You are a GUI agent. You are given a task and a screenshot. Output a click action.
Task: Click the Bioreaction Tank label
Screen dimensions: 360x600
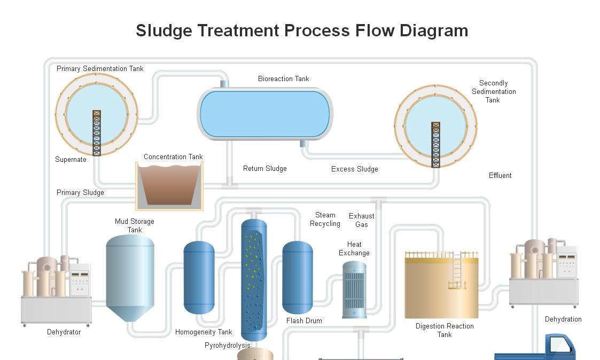tap(283, 79)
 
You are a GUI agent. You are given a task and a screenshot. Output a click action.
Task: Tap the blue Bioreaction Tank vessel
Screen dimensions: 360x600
tap(264, 113)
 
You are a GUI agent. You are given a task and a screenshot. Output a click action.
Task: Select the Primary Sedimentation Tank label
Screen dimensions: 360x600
tap(100, 68)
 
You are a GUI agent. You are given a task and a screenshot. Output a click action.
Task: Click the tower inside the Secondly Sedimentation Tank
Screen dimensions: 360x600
tap(436, 144)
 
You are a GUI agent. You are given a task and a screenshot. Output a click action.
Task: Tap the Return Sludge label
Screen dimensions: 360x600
tap(264, 168)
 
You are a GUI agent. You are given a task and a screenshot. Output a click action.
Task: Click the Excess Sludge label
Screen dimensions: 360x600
tap(354, 169)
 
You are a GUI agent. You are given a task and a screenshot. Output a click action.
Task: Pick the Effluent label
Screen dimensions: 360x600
tap(500, 175)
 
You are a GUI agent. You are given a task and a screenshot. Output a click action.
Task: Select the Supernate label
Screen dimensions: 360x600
tap(71, 159)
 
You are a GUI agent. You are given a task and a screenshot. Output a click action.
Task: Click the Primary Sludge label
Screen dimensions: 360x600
tap(80, 192)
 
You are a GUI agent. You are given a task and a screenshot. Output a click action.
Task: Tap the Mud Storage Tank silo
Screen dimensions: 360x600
tap(130, 275)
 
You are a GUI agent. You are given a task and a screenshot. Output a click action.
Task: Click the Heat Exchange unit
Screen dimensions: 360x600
tap(354, 289)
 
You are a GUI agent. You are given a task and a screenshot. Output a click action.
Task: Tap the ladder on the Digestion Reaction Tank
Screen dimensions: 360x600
tap(456, 270)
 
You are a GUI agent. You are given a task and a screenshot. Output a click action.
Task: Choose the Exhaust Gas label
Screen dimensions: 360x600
tap(361, 220)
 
